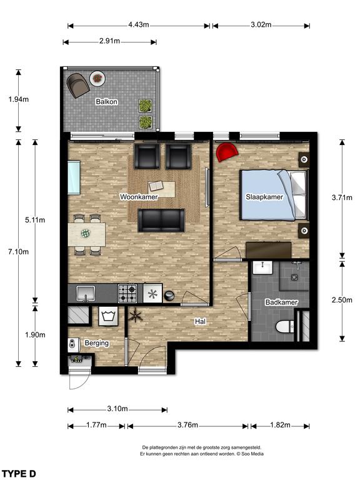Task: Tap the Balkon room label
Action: [106, 102]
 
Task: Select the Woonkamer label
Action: [139, 197]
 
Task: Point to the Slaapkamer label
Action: [264, 197]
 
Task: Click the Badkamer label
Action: [281, 302]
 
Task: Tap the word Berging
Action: [97, 343]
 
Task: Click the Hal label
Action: [201, 321]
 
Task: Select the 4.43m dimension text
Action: [138, 24]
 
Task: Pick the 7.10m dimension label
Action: [18, 252]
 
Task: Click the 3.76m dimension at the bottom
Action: [187, 425]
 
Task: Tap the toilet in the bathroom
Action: [285, 327]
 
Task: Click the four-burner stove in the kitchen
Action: [127, 293]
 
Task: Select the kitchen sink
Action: [86, 293]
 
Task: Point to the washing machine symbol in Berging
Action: [108, 316]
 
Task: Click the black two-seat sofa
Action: [161, 220]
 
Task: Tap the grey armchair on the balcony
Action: [78, 85]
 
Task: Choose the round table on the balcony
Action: [97, 79]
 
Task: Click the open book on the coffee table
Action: [156, 186]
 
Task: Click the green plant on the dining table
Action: [86, 234]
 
